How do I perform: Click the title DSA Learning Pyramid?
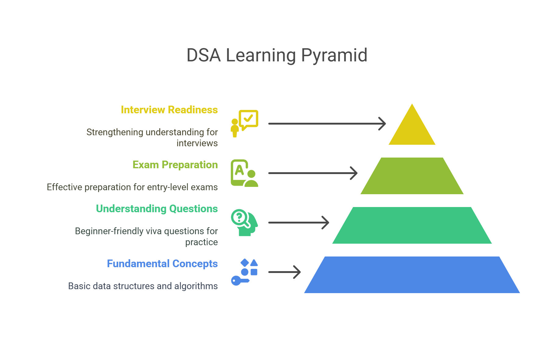tap(277, 55)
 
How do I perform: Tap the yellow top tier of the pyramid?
tap(412, 128)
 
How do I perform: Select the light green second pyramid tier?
tap(412, 176)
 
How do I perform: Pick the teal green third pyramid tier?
tap(412, 225)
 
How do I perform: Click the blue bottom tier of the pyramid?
tap(412, 275)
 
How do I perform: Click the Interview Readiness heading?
tap(169, 110)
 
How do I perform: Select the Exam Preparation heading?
tap(175, 165)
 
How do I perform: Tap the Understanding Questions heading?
tap(157, 209)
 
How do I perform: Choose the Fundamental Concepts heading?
tap(162, 264)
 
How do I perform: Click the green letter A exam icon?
tap(244, 173)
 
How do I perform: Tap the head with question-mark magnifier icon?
tap(244, 223)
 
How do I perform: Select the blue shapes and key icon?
tap(244, 272)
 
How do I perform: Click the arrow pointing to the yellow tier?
tap(327, 124)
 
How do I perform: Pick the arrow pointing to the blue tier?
tap(284, 272)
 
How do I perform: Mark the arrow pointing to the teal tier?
tap(299, 223)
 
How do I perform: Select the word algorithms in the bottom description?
tap(196, 286)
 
